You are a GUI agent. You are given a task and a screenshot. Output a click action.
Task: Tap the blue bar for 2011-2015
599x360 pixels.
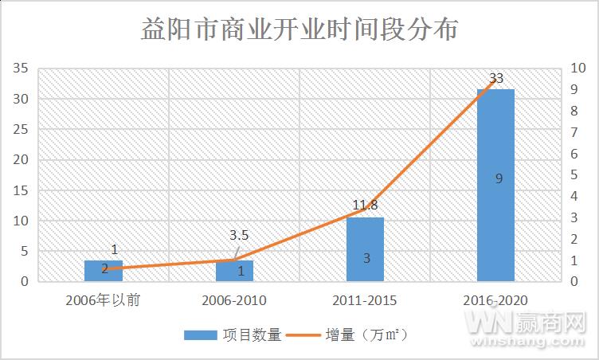[365, 249]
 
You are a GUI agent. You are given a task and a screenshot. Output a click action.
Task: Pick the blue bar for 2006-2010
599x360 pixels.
[234, 271]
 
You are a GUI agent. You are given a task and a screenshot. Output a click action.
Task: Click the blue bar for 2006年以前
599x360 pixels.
[104, 271]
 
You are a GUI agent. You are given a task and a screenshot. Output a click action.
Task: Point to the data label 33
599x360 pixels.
[496, 78]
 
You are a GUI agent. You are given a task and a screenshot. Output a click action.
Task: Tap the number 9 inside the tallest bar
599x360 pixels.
[499, 178]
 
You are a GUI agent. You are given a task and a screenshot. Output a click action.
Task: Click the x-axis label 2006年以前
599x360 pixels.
[104, 300]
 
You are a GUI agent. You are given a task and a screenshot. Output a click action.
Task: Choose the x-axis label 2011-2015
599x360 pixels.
[365, 300]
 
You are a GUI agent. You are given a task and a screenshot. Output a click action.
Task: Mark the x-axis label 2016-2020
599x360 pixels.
[495, 300]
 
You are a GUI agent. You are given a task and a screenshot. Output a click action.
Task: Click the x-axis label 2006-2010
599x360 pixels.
[234, 300]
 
